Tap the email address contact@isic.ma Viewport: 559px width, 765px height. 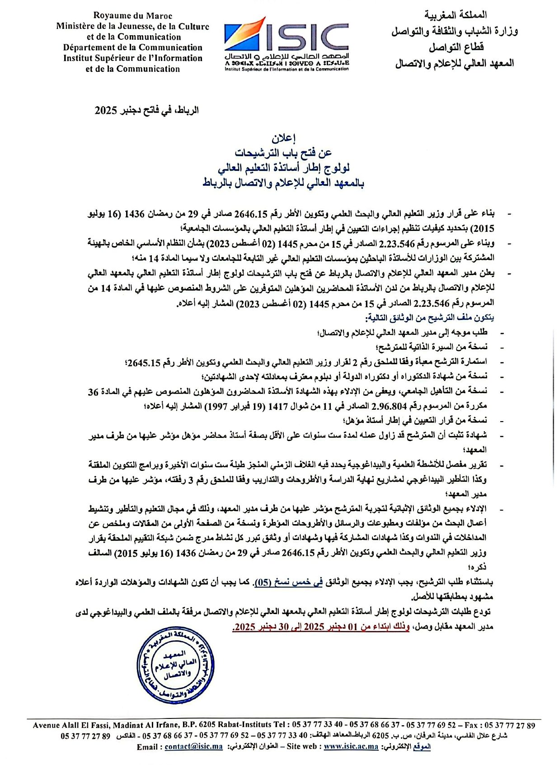(193, 746)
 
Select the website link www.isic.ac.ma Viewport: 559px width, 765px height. (351, 746)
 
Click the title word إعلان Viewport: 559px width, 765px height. (283, 138)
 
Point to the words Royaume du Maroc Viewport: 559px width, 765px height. (133, 15)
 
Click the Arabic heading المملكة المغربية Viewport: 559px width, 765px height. (455, 15)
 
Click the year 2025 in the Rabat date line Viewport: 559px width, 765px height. (106, 110)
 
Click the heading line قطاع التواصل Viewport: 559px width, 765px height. (456, 47)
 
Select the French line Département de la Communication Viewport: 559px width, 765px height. (133, 47)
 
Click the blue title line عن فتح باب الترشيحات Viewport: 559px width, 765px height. (283, 153)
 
